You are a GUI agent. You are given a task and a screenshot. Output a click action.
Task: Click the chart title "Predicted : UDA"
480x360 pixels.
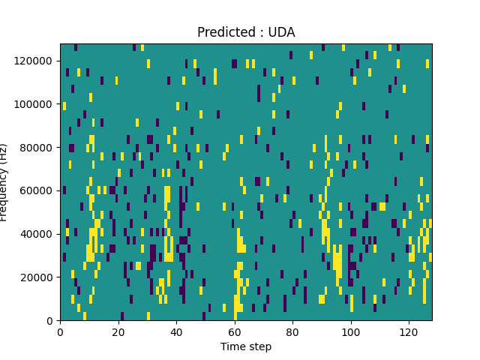pyautogui.click(x=246, y=32)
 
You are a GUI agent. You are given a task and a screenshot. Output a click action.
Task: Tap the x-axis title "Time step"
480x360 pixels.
pyautogui.click(x=246, y=346)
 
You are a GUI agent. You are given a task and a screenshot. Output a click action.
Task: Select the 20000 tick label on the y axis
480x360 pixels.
pyautogui.click(x=39, y=277)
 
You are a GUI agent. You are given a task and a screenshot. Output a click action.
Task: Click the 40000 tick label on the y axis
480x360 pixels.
pyautogui.click(x=39, y=234)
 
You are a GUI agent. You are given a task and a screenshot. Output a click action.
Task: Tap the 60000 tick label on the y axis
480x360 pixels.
pyautogui.click(x=39, y=190)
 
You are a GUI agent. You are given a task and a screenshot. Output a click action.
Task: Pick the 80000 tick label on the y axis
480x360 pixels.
pyautogui.click(x=39, y=147)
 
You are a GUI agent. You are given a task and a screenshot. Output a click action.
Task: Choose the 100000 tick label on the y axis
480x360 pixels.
pyautogui.click(x=37, y=103)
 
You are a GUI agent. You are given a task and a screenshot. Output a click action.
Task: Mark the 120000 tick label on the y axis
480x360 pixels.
pyautogui.click(x=37, y=60)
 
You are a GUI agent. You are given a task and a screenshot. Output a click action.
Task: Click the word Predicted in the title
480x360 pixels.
pyautogui.click(x=224, y=32)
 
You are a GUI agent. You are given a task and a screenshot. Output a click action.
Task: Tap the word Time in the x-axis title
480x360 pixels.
pyautogui.click(x=232, y=346)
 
